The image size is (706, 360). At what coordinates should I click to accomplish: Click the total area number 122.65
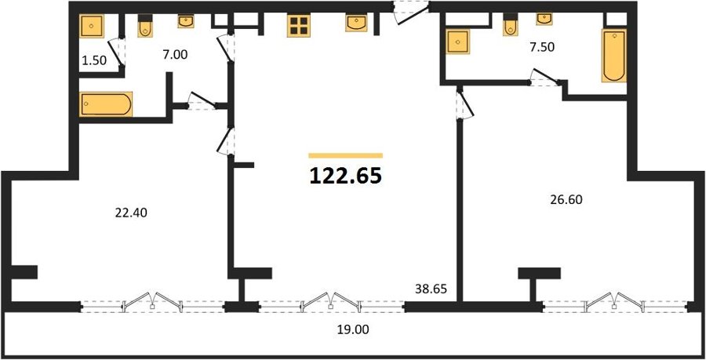[346, 176]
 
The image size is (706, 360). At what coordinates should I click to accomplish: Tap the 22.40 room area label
[131, 213]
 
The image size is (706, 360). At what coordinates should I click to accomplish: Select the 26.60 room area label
[566, 199]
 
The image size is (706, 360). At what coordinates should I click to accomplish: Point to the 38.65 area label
[431, 289]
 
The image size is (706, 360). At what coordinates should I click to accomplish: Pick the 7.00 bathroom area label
[174, 54]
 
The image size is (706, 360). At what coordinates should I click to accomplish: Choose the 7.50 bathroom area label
[541, 48]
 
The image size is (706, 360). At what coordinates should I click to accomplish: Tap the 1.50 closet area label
[94, 60]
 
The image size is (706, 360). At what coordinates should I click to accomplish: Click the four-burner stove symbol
[299, 26]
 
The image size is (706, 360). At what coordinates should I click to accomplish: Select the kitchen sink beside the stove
[356, 23]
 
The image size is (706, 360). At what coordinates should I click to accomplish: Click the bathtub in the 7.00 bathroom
[106, 104]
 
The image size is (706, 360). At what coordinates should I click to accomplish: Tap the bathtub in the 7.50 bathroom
[614, 56]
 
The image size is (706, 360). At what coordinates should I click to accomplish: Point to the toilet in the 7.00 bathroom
[145, 26]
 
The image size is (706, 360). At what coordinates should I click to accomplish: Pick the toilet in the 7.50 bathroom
[510, 25]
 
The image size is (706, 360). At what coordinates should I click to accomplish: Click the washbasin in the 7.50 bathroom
[544, 19]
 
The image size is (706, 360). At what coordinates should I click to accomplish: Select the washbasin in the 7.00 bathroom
[186, 21]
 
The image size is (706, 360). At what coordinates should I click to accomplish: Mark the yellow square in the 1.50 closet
[93, 26]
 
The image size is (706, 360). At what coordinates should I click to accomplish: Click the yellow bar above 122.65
[346, 156]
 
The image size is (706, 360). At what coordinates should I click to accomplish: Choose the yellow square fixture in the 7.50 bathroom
[458, 42]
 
